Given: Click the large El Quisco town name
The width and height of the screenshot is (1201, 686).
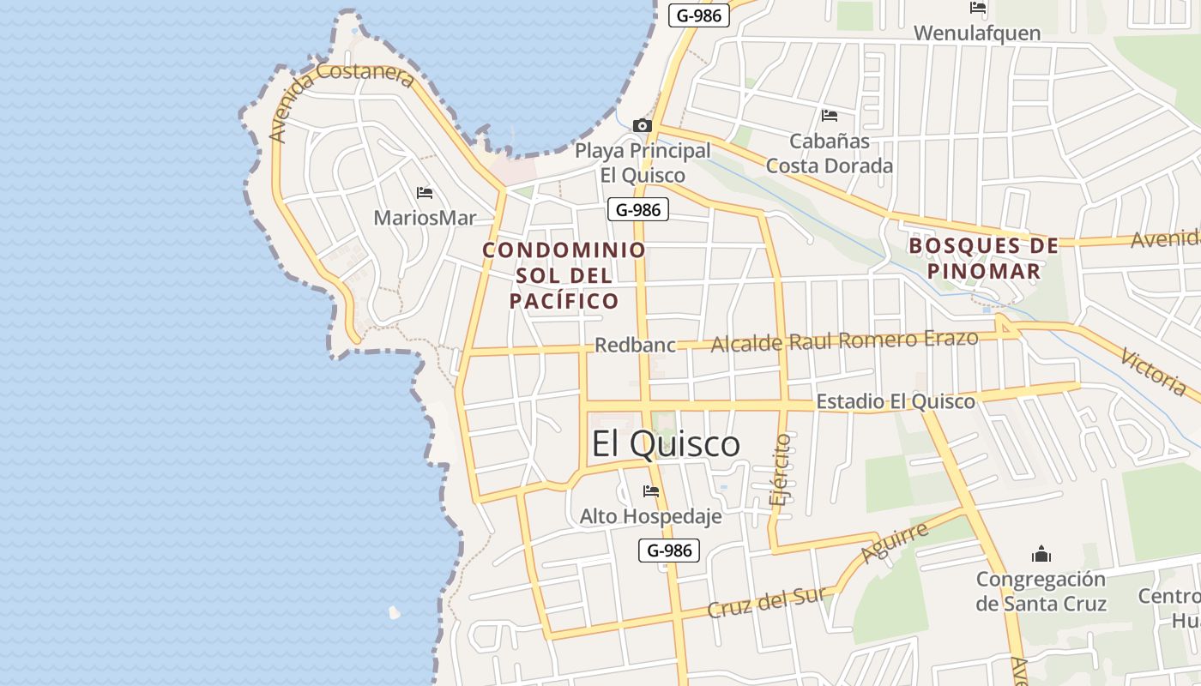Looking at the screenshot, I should tap(666, 443).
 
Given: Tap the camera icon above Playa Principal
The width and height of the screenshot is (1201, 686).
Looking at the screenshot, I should tap(642, 126).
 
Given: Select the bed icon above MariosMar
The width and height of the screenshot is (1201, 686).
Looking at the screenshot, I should tap(424, 193).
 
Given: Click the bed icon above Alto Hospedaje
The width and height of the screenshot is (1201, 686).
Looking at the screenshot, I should tap(651, 491).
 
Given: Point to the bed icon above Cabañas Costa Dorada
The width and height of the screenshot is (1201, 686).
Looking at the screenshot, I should tap(829, 116).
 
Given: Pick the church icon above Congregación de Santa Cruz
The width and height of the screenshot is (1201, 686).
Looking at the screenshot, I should tap(1041, 554).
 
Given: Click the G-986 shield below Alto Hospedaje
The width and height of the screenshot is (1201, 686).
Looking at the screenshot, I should tap(669, 551).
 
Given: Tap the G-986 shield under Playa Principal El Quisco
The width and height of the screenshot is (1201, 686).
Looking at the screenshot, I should tap(638, 209).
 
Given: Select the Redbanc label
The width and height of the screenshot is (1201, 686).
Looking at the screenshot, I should tap(636, 345).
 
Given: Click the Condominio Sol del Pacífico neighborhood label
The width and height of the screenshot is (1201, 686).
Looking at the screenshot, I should tap(564, 275).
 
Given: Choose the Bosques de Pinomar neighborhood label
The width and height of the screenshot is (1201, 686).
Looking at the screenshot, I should tap(984, 258).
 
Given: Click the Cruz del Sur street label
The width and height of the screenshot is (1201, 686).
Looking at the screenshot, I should tap(766, 601).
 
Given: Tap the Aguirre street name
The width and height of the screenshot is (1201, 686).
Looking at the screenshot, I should tap(895, 543).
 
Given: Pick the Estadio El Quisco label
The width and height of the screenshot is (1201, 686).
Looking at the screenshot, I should tap(895, 401).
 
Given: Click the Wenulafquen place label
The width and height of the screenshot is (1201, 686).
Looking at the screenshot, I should tap(977, 33).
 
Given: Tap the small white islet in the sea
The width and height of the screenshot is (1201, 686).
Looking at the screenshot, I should tap(394, 612).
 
